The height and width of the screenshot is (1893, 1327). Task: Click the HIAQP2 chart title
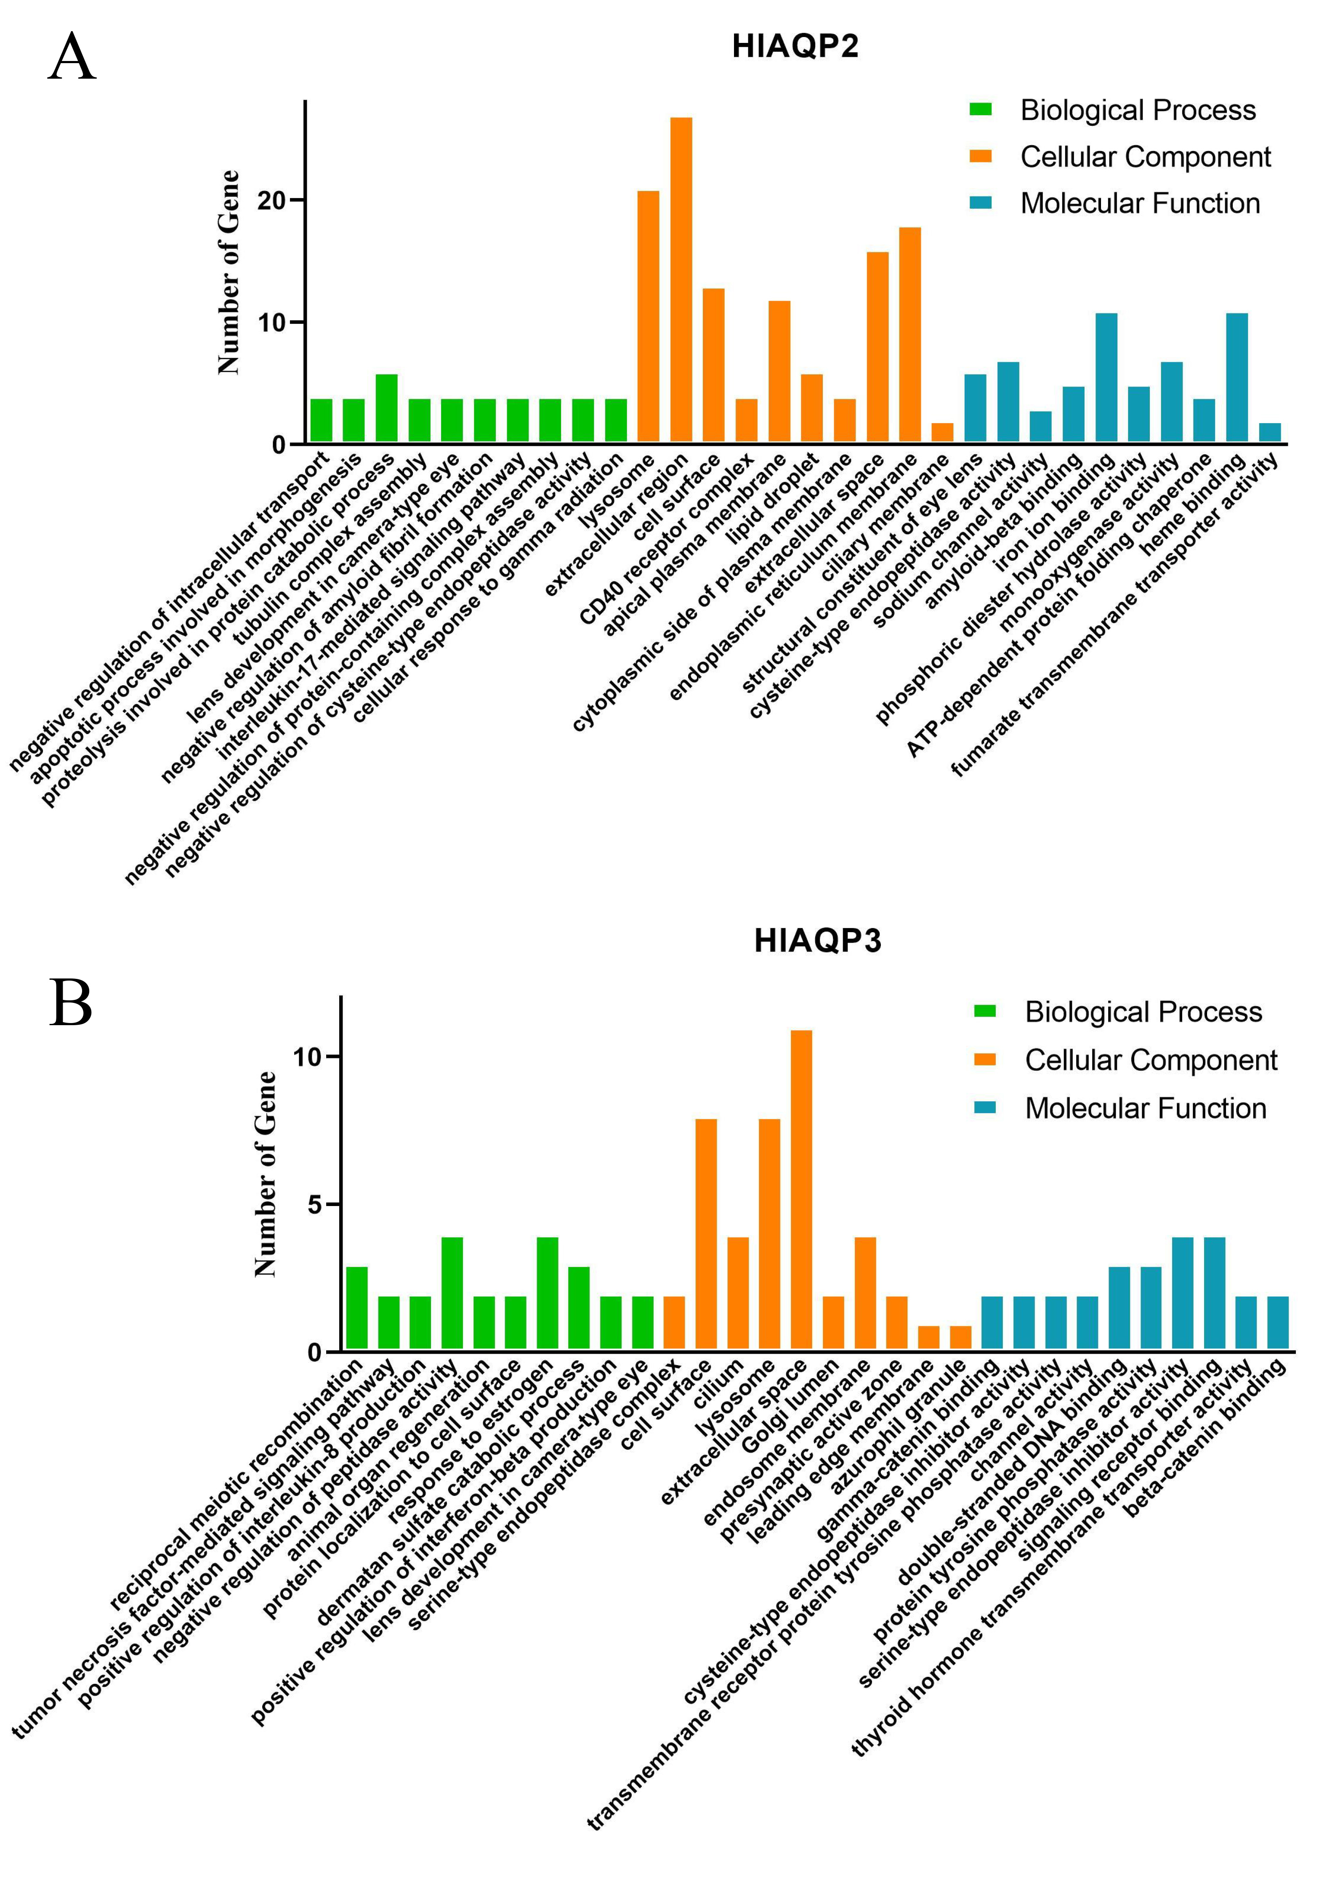(795, 46)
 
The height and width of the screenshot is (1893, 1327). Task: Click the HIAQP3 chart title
(817, 941)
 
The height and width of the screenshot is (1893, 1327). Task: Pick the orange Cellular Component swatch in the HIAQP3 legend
(985, 1060)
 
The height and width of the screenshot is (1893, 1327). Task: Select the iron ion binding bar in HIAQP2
(1106, 379)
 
